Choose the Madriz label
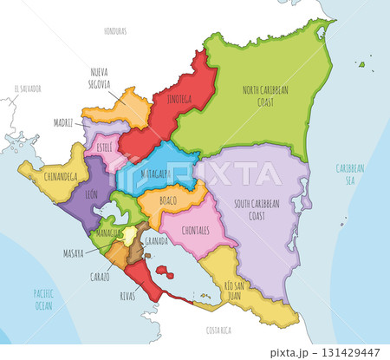(63, 123)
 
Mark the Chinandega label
(52, 177)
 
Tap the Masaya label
(73, 253)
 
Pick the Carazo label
(99, 277)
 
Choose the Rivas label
(127, 296)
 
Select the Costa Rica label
(218, 331)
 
